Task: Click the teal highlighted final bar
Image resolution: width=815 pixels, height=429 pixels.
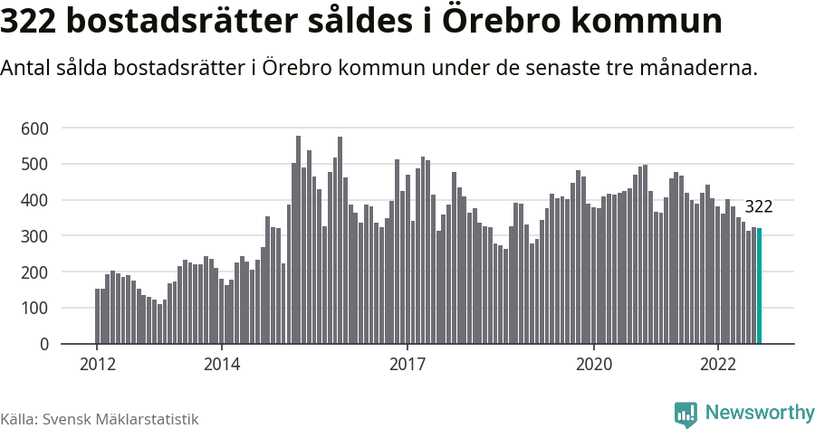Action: pyautogui.click(x=760, y=286)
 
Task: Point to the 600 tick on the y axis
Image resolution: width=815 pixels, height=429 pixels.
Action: pyautogui.click(x=34, y=129)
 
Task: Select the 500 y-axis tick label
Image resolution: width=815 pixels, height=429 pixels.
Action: pyautogui.click(x=34, y=165)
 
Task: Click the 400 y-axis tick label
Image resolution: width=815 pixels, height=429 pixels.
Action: pyautogui.click(x=34, y=201)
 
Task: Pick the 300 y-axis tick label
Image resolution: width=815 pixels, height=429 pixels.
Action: pyautogui.click(x=34, y=236)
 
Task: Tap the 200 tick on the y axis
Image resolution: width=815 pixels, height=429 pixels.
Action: pyautogui.click(x=34, y=272)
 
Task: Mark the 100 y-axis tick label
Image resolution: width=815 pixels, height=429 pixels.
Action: pyautogui.click(x=34, y=309)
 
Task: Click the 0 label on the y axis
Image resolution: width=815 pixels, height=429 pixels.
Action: pyautogui.click(x=43, y=345)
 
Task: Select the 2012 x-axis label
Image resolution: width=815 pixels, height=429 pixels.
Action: pyautogui.click(x=97, y=365)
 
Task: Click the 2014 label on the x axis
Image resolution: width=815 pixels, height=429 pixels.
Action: pyautogui.click(x=221, y=365)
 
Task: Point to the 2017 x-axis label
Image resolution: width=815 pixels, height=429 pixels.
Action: pyautogui.click(x=407, y=365)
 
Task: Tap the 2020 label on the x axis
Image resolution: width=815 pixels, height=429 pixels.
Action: pyautogui.click(x=594, y=365)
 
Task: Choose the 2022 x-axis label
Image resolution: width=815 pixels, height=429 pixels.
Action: pyautogui.click(x=718, y=365)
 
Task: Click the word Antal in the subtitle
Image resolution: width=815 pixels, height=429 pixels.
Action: pyautogui.click(x=28, y=69)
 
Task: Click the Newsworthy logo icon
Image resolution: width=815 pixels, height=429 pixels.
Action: pyautogui.click(x=686, y=414)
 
